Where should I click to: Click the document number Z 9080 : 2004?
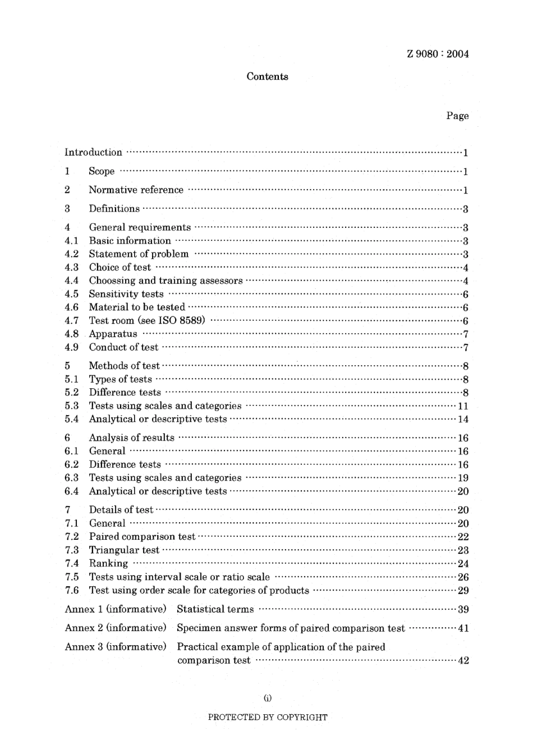(438, 54)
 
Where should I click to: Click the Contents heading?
(267, 77)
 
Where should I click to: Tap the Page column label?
(457, 116)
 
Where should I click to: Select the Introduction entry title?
(93, 152)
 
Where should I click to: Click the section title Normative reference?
(136, 190)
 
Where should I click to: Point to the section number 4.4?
(71, 281)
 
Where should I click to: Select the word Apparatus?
(113, 334)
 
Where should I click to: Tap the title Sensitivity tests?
(126, 294)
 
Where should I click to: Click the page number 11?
(463, 406)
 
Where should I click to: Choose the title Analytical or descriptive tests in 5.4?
(158, 419)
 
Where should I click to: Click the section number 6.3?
(71, 478)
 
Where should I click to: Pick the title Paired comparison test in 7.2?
(142, 537)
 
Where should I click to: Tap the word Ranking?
(108, 563)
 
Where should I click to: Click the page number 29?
(463, 590)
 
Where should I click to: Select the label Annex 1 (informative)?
(116, 609)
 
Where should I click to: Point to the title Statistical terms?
(215, 609)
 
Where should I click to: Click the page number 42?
(463, 660)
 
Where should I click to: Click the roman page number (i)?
(267, 699)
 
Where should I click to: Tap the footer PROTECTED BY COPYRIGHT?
(267, 717)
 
